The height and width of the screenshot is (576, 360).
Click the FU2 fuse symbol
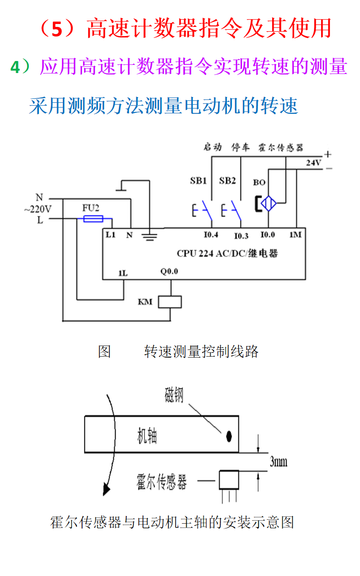click(x=93, y=219)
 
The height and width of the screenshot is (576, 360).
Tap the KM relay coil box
click(x=170, y=301)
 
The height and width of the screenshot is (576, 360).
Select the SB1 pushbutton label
click(x=198, y=181)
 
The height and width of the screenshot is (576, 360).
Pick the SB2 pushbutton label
click(x=228, y=181)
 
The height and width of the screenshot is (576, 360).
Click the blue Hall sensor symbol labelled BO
click(x=267, y=204)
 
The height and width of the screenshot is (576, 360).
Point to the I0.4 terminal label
click(x=211, y=235)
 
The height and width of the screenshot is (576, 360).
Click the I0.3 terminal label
click(x=241, y=236)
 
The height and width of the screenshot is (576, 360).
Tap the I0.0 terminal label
click(x=267, y=235)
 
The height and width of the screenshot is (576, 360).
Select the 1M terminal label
click(x=295, y=235)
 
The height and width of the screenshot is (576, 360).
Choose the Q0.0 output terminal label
click(x=169, y=271)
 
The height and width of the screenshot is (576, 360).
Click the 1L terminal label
click(x=123, y=273)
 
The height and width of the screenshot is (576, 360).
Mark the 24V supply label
click(x=314, y=163)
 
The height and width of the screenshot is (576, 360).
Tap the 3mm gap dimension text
click(x=278, y=462)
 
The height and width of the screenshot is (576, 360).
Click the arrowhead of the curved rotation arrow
click(x=107, y=489)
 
